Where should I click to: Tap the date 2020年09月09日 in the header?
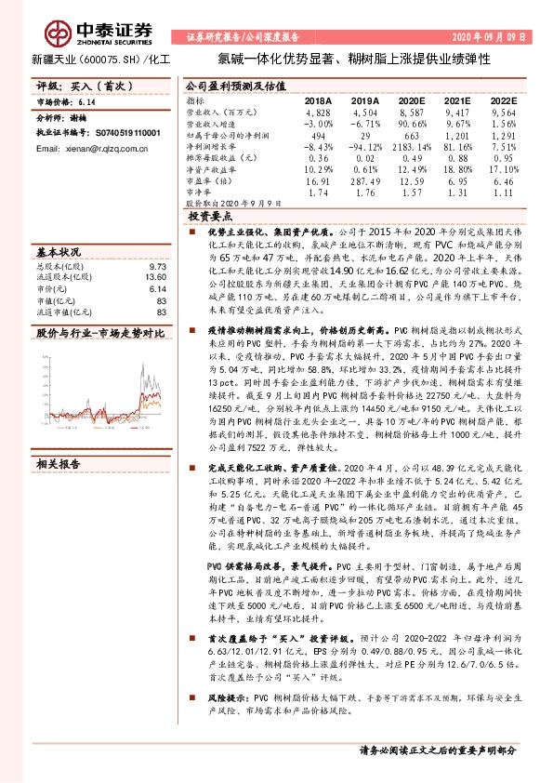[495, 37]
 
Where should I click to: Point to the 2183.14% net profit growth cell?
[403, 146]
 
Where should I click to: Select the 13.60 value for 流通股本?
[158, 276]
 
